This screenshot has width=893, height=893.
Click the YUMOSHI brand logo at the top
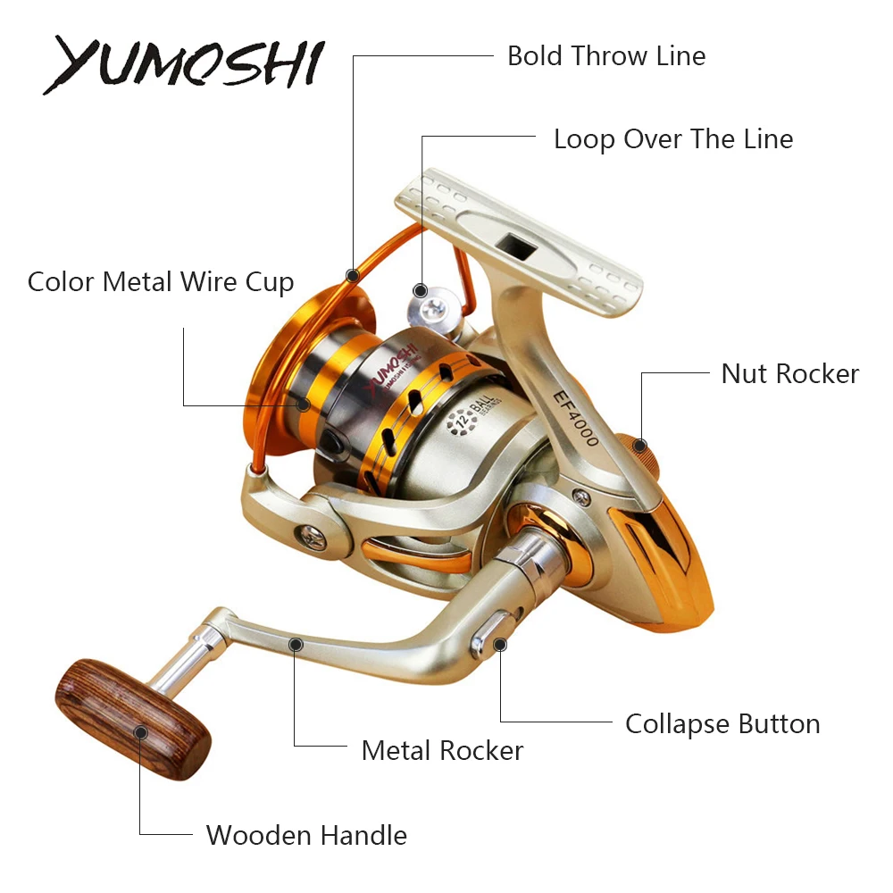point(183,64)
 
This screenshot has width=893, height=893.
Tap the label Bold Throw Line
point(606,55)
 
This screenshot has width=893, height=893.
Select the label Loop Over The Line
point(672,139)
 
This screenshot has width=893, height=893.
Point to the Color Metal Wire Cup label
point(161,282)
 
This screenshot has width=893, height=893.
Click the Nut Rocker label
point(789,373)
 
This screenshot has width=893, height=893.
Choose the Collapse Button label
point(722,723)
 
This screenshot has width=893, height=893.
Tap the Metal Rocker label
point(442,750)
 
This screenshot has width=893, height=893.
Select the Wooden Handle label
point(306,835)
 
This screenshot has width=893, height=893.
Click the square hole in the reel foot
point(515,243)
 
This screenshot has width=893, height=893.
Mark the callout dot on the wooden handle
point(140,732)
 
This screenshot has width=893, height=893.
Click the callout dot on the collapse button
point(500,643)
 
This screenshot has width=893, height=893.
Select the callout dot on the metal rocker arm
point(296,643)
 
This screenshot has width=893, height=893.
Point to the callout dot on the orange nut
point(639,445)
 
